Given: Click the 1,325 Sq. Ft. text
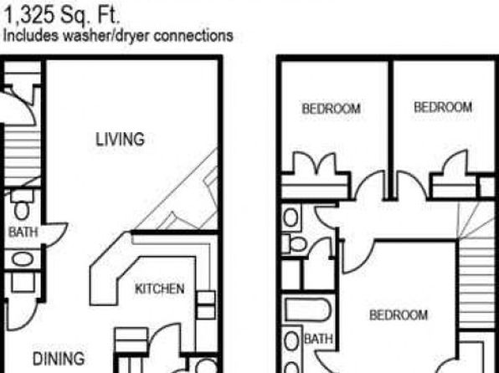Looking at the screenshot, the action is [x=62, y=16].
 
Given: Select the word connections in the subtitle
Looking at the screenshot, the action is [x=193, y=35].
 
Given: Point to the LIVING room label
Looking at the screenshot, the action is [x=120, y=140].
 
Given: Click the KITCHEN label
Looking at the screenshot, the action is [x=159, y=289].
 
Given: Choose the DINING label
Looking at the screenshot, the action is [x=59, y=359].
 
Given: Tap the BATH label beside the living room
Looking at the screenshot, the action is [x=23, y=232].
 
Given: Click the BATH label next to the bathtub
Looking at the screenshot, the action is [x=318, y=339].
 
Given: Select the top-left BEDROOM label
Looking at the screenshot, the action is [x=332, y=109].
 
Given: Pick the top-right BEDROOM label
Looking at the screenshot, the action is [x=443, y=107].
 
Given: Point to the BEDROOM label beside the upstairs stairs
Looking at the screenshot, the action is [x=399, y=315].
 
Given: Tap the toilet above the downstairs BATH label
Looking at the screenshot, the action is [x=22, y=206].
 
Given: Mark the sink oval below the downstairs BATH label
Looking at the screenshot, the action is [x=23, y=259].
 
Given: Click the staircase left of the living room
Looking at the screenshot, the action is [x=23, y=154].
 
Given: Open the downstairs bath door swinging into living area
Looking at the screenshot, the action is [x=56, y=233].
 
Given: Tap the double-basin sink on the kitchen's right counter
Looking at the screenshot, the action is [x=205, y=304].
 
